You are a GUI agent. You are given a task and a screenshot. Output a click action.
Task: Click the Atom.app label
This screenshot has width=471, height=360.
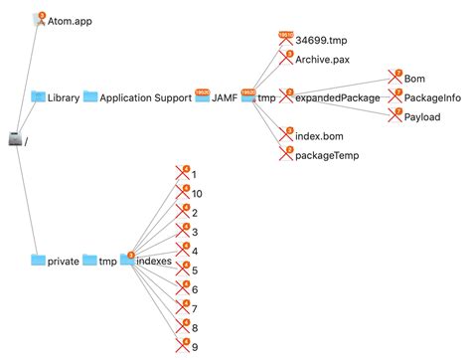coord(69,19)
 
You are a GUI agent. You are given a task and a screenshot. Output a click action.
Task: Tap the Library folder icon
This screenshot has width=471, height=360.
coord(39,96)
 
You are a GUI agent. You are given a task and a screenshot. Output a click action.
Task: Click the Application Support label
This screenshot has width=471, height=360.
coord(146,96)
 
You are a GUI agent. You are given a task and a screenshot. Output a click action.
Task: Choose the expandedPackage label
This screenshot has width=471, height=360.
coord(341,96)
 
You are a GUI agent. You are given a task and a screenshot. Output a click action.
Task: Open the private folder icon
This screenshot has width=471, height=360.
coord(39,261)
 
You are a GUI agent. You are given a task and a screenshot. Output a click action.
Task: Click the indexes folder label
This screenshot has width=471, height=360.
coord(156,261)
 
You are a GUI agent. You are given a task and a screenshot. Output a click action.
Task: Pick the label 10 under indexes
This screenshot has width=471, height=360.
coord(197,193)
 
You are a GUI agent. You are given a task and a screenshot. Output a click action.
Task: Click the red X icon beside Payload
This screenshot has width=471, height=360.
coord(395,115)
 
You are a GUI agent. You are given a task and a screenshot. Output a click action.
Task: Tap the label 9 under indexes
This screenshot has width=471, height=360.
coord(194,345)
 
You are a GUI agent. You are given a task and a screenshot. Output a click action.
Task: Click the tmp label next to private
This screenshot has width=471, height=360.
coord(106,261)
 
